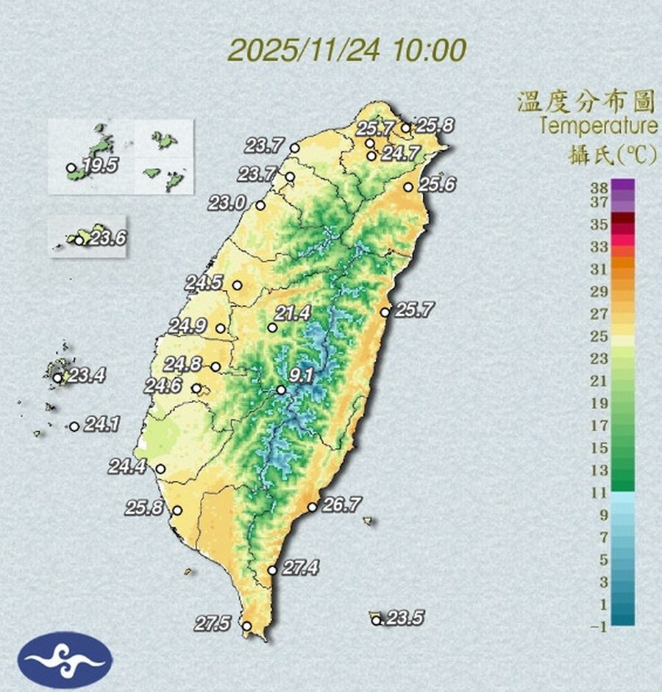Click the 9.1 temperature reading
click(302, 377)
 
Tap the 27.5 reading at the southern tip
click(213, 624)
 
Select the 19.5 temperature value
click(100, 165)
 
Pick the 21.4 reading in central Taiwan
click(293, 313)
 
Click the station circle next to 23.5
click(377, 621)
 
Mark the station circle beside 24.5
click(237, 285)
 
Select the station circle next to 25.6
click(408, 187)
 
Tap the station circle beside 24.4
click(160, 468)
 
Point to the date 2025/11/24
click(305, 51)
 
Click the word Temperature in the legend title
click(597, 126)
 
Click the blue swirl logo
click(65, 659)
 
